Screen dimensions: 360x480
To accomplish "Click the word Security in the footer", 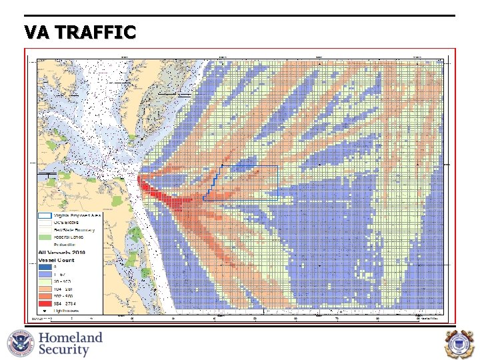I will pos(64,350).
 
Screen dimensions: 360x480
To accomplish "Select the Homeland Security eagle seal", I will pos(20,344).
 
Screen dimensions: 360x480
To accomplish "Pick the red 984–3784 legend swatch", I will pos(45,303).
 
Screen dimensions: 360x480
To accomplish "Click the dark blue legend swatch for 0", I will pos(45,267).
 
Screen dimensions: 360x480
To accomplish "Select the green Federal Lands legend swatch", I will pos(45,237).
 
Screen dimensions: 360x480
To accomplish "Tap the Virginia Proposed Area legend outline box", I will pos(45,216).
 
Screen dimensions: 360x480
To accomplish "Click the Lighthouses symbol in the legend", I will pos(45,311).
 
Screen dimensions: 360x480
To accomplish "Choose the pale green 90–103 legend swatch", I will pos(45,281).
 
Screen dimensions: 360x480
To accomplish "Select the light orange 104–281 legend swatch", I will pos(45,289).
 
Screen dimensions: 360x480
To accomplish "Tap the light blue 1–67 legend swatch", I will pos(45,274).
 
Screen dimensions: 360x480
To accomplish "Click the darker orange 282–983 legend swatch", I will pos(45,296).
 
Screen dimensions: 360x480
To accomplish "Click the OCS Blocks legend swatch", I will pos(45,223).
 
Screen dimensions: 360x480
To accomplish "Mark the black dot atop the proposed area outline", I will pos(221,165).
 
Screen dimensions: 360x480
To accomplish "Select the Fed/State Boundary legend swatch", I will pos(45,230).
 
